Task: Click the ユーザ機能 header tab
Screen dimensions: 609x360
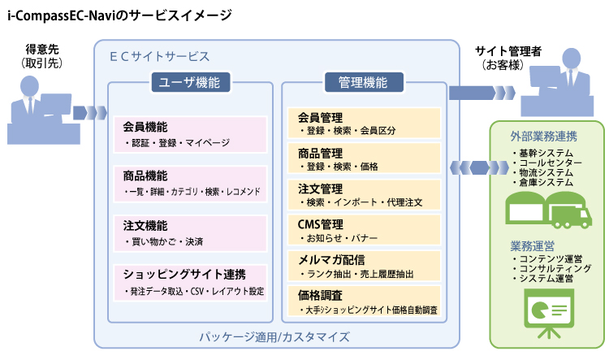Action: (190, 82)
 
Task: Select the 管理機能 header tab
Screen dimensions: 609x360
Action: (364, 82)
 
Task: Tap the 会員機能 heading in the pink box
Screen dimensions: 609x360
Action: (145, 127)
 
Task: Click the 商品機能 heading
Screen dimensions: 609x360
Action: (145, 176)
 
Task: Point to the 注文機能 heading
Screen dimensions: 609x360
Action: (145, 225)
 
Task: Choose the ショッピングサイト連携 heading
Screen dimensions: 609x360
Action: (184, 275)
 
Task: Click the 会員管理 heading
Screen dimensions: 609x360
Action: (321, 117)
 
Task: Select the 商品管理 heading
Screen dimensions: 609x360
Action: (321, 153)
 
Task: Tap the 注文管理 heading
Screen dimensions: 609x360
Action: (321, 189)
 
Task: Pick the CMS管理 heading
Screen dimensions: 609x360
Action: (321, 224)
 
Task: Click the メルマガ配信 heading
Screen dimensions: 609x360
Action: (331, 260)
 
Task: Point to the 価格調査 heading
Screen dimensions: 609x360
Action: (321, 296)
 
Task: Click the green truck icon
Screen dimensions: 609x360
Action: (570, 213)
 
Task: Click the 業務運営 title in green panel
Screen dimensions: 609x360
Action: (533, 246)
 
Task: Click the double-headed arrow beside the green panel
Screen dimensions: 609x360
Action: (479, 168)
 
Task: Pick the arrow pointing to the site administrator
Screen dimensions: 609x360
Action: (482, 93)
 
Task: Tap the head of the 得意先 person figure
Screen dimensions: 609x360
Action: (29, 85)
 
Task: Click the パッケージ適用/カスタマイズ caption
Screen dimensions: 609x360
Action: (274, 336)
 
